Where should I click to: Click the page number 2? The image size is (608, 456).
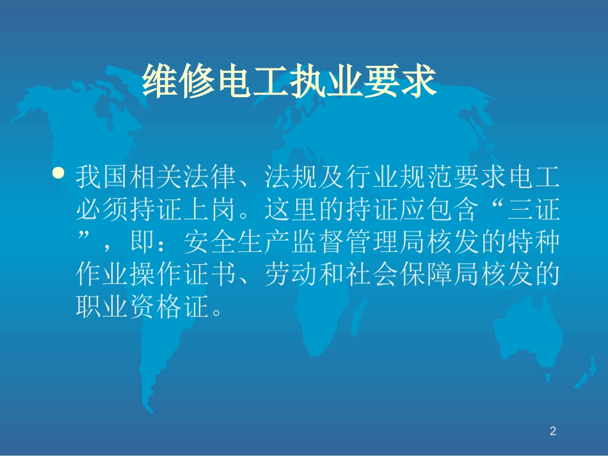click(553, 432)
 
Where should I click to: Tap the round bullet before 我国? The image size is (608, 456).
click(60, 173)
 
